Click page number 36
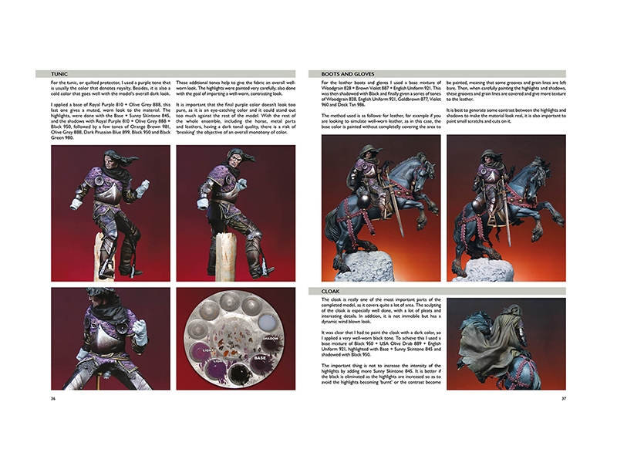pos(52,399)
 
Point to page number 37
pos(563,399)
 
